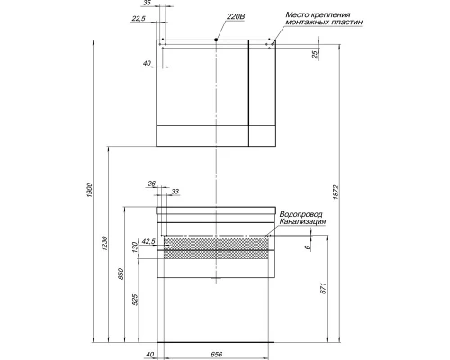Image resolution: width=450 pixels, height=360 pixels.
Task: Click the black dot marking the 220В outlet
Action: click(217, 40)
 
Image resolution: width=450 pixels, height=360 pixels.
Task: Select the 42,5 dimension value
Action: click(148, 241)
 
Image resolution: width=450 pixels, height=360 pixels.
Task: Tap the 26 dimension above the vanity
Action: click(152, 184)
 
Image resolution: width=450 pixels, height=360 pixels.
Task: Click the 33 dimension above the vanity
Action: click(174, 192)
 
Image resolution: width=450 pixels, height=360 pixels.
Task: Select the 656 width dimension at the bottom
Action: click(216, 353)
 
